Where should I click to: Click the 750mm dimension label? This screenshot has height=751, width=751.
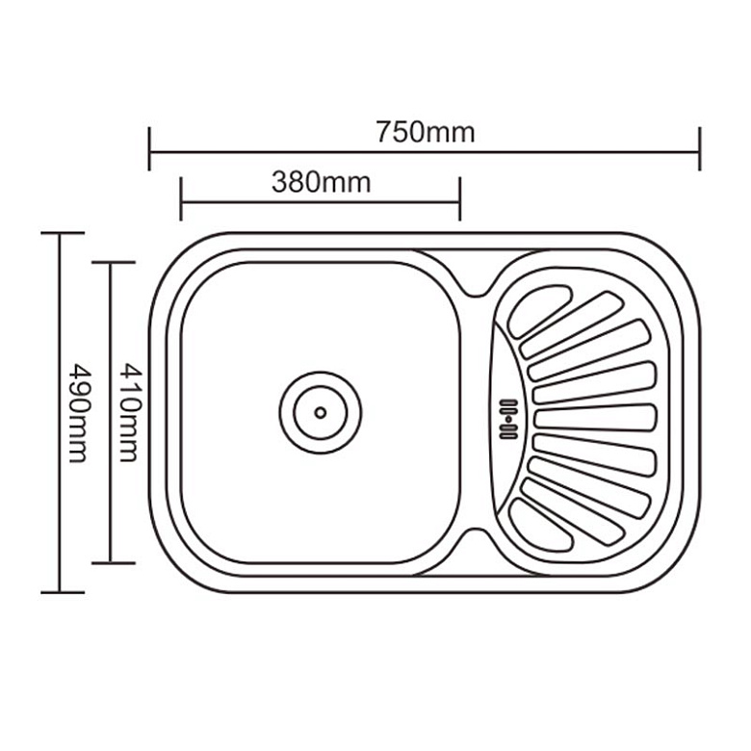(425, 132)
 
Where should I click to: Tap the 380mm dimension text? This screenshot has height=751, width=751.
(321, 183)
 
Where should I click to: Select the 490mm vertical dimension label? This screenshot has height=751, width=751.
(79, 413)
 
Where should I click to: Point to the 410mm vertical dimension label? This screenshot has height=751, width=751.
(130, 412)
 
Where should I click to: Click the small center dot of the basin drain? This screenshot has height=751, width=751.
(321, 412)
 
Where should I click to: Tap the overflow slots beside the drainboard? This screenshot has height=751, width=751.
(508, 419)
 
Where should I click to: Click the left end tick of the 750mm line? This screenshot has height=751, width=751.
(149, 148)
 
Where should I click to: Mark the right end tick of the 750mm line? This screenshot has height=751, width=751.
(700, 148)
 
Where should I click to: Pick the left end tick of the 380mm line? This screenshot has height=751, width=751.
(181, 198)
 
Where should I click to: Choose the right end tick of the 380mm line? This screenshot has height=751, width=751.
(460, 198)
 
